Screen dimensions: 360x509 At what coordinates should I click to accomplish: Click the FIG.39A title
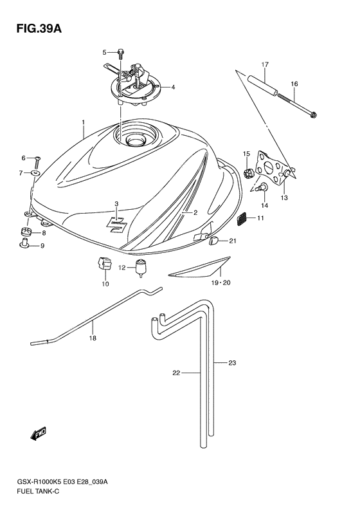tap(39, 28)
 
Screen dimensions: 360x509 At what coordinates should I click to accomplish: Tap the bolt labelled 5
tap(120, 54)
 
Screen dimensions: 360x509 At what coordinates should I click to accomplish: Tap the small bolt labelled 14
tap(262, 187)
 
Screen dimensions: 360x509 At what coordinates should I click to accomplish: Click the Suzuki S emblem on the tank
tap(116, 224)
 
